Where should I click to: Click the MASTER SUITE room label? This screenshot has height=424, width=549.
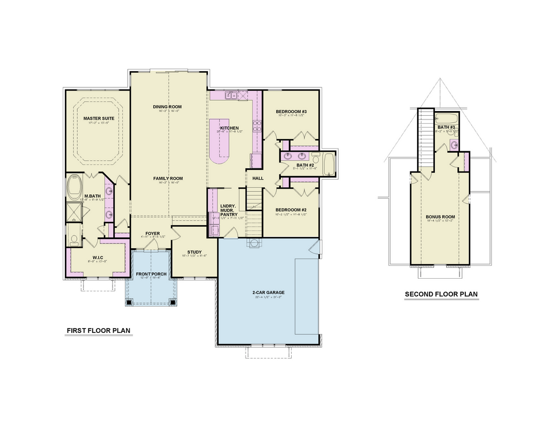pyautogui.click(x=97, y=118)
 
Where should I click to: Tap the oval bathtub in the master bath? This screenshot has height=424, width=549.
pyautogui.click(x=73, y=188)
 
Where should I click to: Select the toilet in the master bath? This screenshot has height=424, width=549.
pyautogui.click(x=74, y=241)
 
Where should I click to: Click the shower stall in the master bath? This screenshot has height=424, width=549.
pyautogui.click(x=72, y=212)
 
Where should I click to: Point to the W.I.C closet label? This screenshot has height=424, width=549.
pyautogui.click(x=98, y=257)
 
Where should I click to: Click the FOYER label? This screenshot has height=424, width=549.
pyautogui.click(x=152, y=233)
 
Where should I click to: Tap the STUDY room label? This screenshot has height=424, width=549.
pyautogui.click(x=194, y=252)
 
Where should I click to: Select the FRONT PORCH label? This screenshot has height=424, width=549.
pyautogui.click(x=151, y=274)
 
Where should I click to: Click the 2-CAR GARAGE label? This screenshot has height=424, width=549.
pyautogui.click(x=268, y=293)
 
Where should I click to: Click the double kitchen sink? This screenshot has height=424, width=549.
pyautogui.click(x=232, y=96)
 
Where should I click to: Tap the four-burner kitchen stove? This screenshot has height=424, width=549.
pyautogui.click(x=257, y=127)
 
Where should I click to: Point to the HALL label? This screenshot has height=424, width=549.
pyautogui.click(x=258, y=178)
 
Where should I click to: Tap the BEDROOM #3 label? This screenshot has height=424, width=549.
pyautogui.click(x=291, y=111)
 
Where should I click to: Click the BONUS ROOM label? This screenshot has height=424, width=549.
pyautogui.click(x=440, y=217)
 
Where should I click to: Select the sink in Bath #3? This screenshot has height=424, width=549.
pyautogui.click(x=454, y=144)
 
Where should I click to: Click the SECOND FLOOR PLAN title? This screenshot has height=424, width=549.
pyautogui.click(x=441, y=294)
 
